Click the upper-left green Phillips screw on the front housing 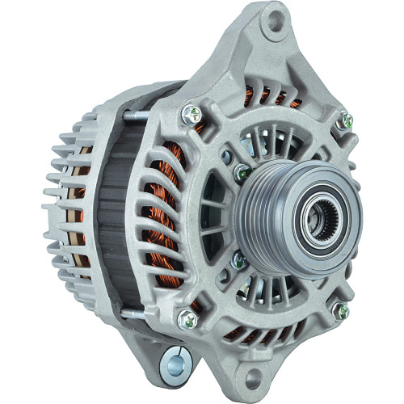point(192,115)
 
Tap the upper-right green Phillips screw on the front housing point(346,120)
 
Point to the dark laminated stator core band point(121,218)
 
